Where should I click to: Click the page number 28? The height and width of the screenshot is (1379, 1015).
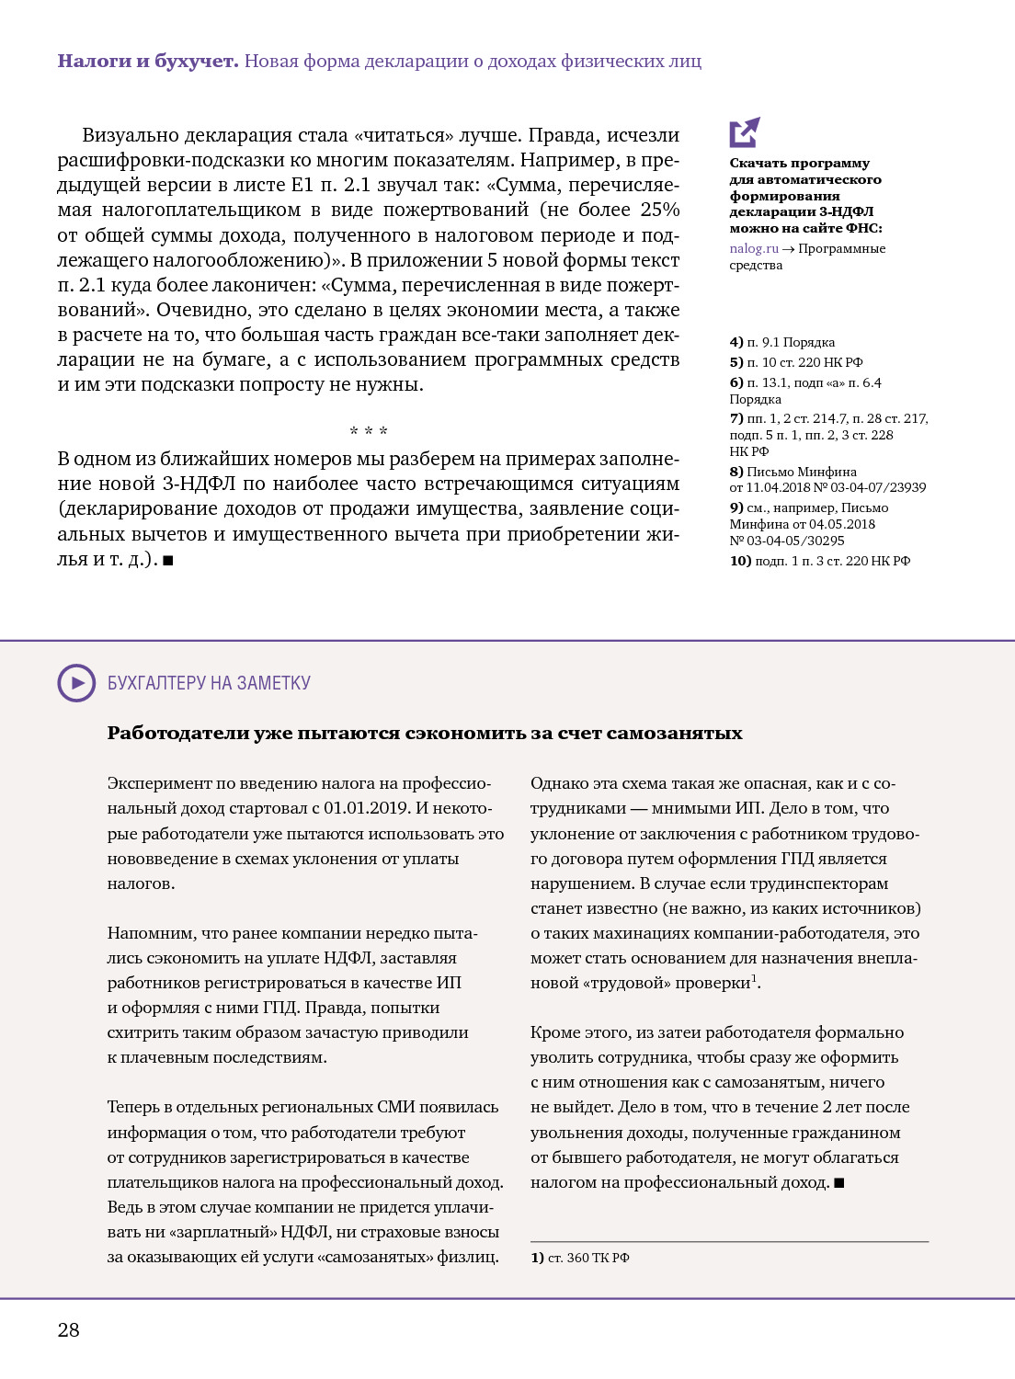(69, 1329)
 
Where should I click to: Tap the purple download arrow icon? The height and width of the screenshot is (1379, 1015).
(745, 132)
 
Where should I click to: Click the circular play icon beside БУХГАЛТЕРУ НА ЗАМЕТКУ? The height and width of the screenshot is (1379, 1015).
(76, 683)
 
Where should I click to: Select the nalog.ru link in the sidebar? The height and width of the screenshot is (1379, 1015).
(754, 248)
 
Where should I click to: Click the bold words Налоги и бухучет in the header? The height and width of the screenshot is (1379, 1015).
(148, 61)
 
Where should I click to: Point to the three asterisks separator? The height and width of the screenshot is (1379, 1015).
(369, 431)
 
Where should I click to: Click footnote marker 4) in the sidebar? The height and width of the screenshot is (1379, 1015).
(736, 342)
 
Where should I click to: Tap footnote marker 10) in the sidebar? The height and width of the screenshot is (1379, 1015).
(740, 561)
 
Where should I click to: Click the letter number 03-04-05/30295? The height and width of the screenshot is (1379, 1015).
(796, 541)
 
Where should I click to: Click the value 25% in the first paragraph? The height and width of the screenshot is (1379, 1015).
(660, 210)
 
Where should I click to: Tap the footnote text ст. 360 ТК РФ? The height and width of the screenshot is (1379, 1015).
(588, 1258)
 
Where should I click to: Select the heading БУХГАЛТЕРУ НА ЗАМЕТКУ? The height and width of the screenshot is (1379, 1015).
(209, 683)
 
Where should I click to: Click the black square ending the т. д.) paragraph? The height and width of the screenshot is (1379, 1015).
(168, 560)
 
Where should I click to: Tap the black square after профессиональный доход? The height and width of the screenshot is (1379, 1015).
(839, 1183)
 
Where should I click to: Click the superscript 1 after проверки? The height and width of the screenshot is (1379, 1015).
(755, 978)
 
